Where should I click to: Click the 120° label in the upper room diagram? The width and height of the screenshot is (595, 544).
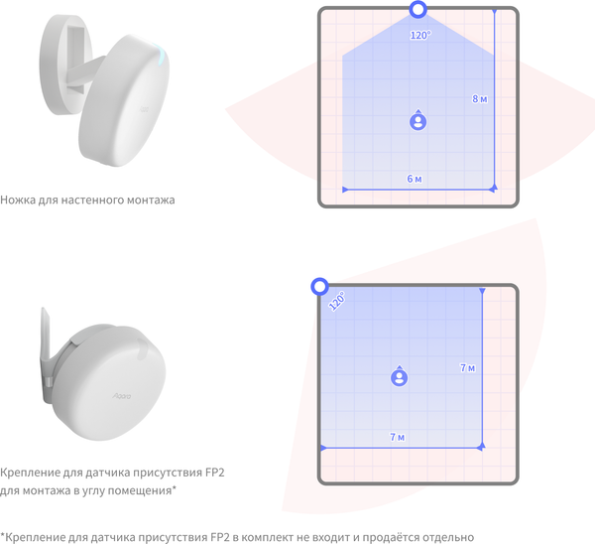point(420,35)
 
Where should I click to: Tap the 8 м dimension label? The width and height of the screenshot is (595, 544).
point(480,98)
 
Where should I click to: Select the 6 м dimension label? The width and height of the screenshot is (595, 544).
point(415,179)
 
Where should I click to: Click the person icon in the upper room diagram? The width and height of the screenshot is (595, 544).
point(417,120)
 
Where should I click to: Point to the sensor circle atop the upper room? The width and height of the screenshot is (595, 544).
point(417,10)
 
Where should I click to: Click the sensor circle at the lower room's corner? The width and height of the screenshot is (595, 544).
point(320,287)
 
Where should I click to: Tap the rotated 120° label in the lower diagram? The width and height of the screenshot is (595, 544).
point(337,301)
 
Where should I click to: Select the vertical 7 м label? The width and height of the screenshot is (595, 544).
point(467,367)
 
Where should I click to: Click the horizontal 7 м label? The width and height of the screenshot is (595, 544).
point(398,437)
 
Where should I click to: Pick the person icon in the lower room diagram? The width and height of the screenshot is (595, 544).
point(400,376)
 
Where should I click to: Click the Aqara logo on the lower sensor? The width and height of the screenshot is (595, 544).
point(121,396)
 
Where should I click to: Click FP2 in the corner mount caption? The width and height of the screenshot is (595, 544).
point(215,473)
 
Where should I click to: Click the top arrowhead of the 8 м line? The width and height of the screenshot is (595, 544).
point(494,12)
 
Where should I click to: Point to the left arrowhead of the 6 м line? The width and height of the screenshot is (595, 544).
point(345,190)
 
